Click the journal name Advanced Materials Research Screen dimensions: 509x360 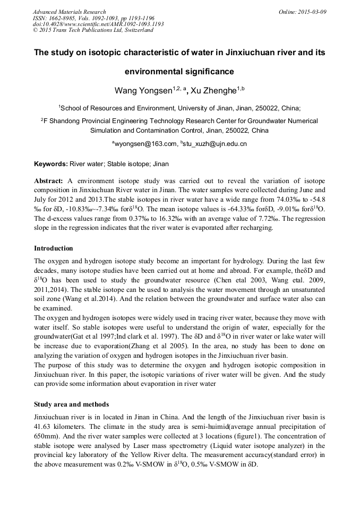pyautogui.click(x=69, y=12)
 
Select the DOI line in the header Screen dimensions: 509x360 pyautogui.click(x=98, y=24)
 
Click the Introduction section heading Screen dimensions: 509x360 pyautogui.click(x=54, y=248)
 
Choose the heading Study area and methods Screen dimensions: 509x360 pyautogui.click(x=71, y=404)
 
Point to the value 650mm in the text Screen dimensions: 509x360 pyautogui.click(x=45, y=436)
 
